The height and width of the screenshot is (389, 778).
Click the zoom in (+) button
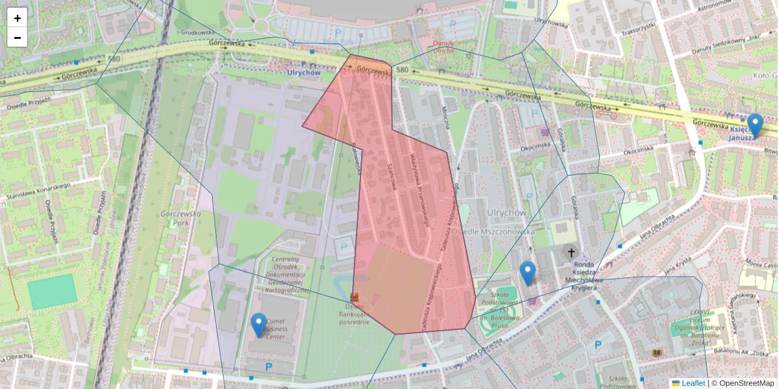pos(18,18)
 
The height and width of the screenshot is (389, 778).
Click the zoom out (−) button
pos(18,38)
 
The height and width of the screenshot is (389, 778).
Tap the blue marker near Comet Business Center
pos(259,325)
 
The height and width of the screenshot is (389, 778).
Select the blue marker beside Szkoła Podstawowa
pos(528,272)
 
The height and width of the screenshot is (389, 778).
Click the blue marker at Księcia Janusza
pos(755,125)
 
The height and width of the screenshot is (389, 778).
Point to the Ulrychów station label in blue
pos(304,73)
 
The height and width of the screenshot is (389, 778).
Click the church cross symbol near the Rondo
pos(572,252)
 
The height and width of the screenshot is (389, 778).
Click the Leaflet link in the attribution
pos(692,383)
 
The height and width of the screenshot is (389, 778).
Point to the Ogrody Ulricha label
pos(443,46)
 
